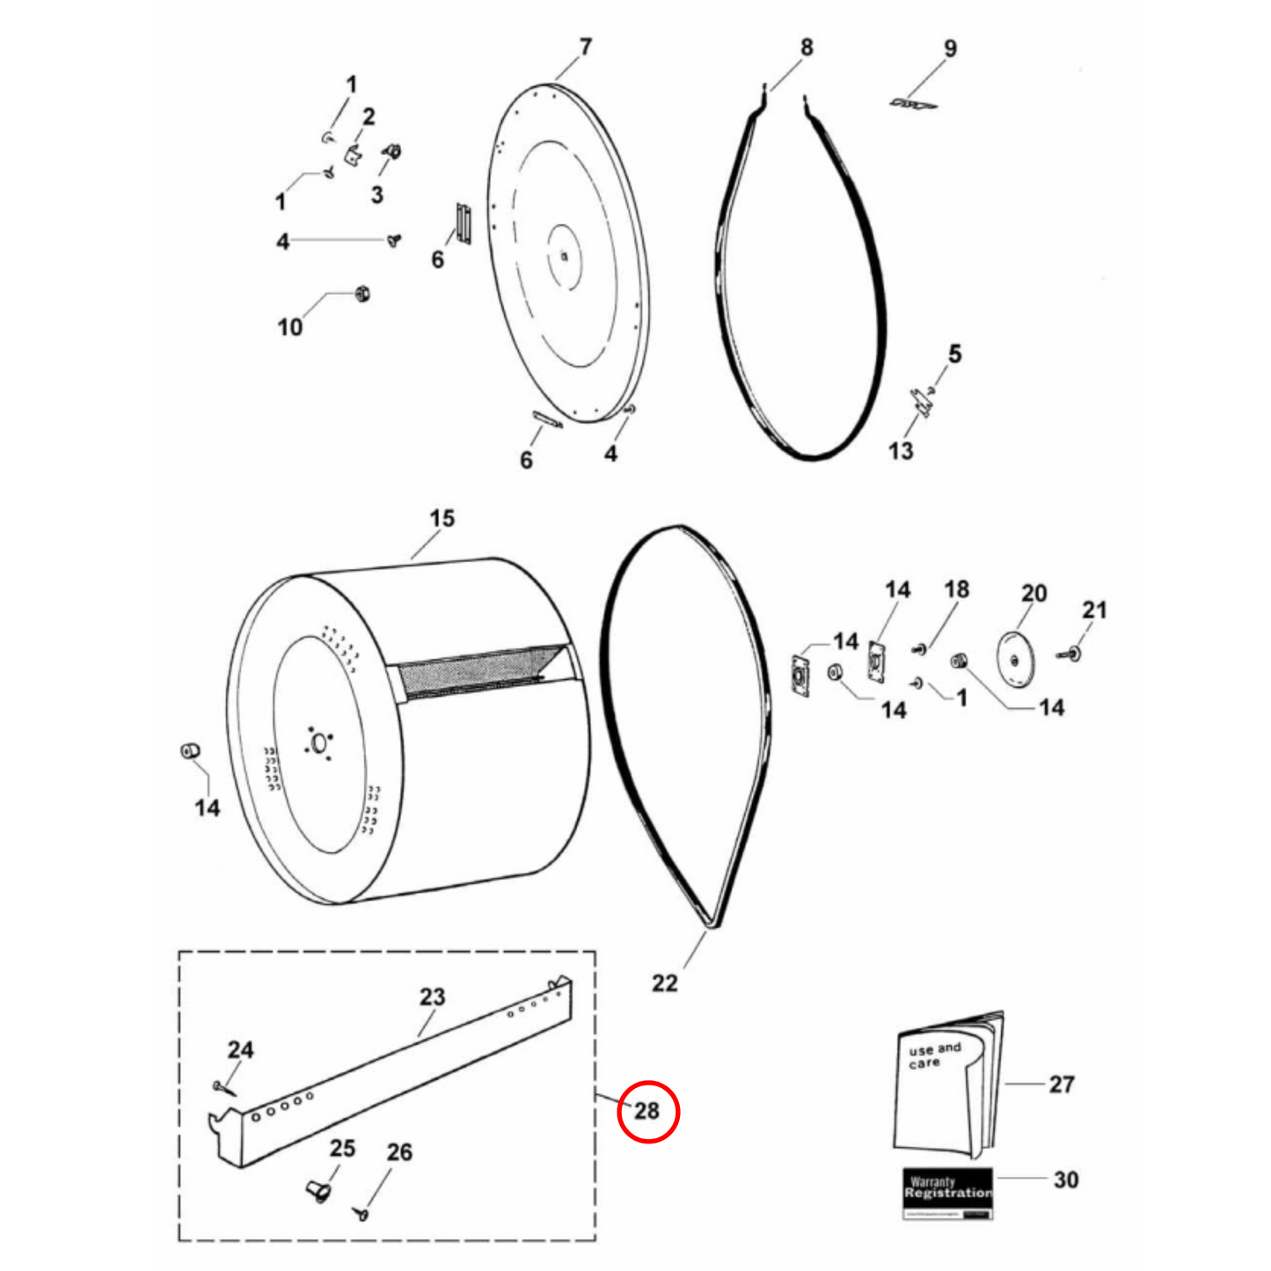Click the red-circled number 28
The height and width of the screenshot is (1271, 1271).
(647, 1112)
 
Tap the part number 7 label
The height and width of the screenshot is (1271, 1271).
(586, 47)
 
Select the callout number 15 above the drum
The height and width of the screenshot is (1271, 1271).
(442, 519)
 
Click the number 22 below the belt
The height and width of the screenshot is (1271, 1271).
(665, 982)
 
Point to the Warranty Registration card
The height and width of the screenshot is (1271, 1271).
(947, 1193)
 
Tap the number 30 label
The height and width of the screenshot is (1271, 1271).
(1065, 1180)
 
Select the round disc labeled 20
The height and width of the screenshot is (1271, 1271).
(1015, 659)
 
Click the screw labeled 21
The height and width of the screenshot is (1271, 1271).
(1073, 653)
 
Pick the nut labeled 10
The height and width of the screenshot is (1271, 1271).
(361, 293)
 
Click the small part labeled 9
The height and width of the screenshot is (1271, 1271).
(912, 104)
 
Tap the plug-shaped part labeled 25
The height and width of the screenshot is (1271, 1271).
(318, 1192)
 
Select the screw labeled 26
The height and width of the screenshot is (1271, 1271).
(362, 1215)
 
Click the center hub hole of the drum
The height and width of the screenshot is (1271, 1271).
(319, 743)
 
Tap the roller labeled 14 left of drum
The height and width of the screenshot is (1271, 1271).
(189, 752)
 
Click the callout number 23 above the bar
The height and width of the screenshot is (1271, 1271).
(432, 997)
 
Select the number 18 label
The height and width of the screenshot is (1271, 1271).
(956, 589)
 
